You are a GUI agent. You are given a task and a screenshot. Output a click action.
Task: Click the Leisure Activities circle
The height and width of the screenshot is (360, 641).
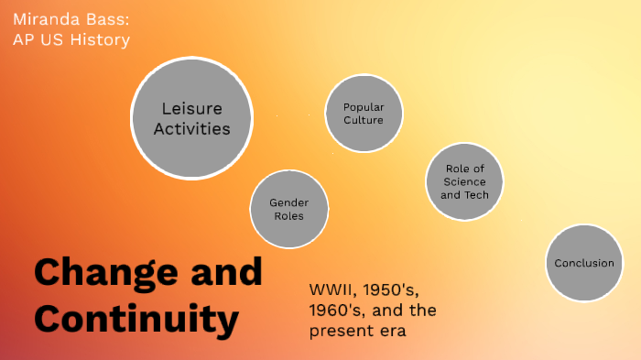pyautogui.click(x=191, y=117)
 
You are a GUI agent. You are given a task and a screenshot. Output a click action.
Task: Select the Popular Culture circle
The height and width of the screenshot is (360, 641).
pyautogui.click(x=364, y=114)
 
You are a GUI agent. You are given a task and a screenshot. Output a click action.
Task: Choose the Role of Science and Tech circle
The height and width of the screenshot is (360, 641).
pyautogui.click(x=464, y=181)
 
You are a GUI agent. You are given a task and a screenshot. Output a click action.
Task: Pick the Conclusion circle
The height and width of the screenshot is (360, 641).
pyautogui.click(x=584, y=263)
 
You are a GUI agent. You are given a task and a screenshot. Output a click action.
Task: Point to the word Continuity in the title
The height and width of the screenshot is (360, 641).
pyautogui.click(x=137, y=319)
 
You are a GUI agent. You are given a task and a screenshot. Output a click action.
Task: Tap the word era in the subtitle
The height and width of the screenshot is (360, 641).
pyautogui.click(x=391, y=332)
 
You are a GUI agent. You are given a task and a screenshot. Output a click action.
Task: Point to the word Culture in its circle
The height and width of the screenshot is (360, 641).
pyautogui.click(x=364, y=120)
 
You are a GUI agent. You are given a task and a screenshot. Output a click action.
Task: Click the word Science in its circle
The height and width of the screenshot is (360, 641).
pyautogui.click(x=464, y=181)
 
